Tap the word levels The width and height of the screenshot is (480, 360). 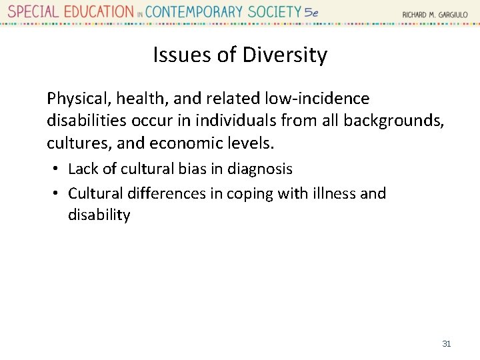[x=251, y=143]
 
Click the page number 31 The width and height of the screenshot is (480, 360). [x=447, y=343]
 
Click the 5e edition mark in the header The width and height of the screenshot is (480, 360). [x=311, y=12]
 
